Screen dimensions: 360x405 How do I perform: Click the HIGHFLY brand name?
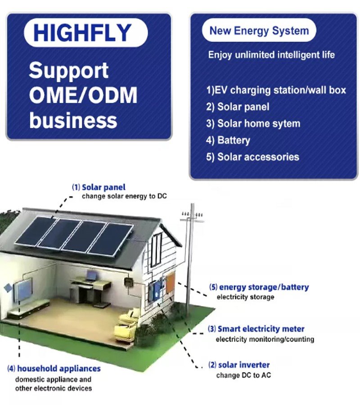click(82, 33)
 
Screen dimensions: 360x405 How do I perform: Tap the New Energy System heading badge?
click(259, 31)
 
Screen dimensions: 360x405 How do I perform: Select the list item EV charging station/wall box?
click(276, 90)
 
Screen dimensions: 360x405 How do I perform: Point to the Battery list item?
click(228, 140)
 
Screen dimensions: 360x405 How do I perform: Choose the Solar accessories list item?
click(252, 157)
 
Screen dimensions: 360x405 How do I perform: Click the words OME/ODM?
click(83, 95)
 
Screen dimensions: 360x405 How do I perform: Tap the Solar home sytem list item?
click(253, 123)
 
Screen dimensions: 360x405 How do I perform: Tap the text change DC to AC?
click(243, 375)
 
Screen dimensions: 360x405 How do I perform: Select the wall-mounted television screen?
click(23, 289)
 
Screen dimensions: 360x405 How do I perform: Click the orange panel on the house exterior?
click(170, 283)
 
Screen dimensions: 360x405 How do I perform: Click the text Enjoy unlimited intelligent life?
click(271, 55)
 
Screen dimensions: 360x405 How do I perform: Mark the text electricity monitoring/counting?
click(265, 339)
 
